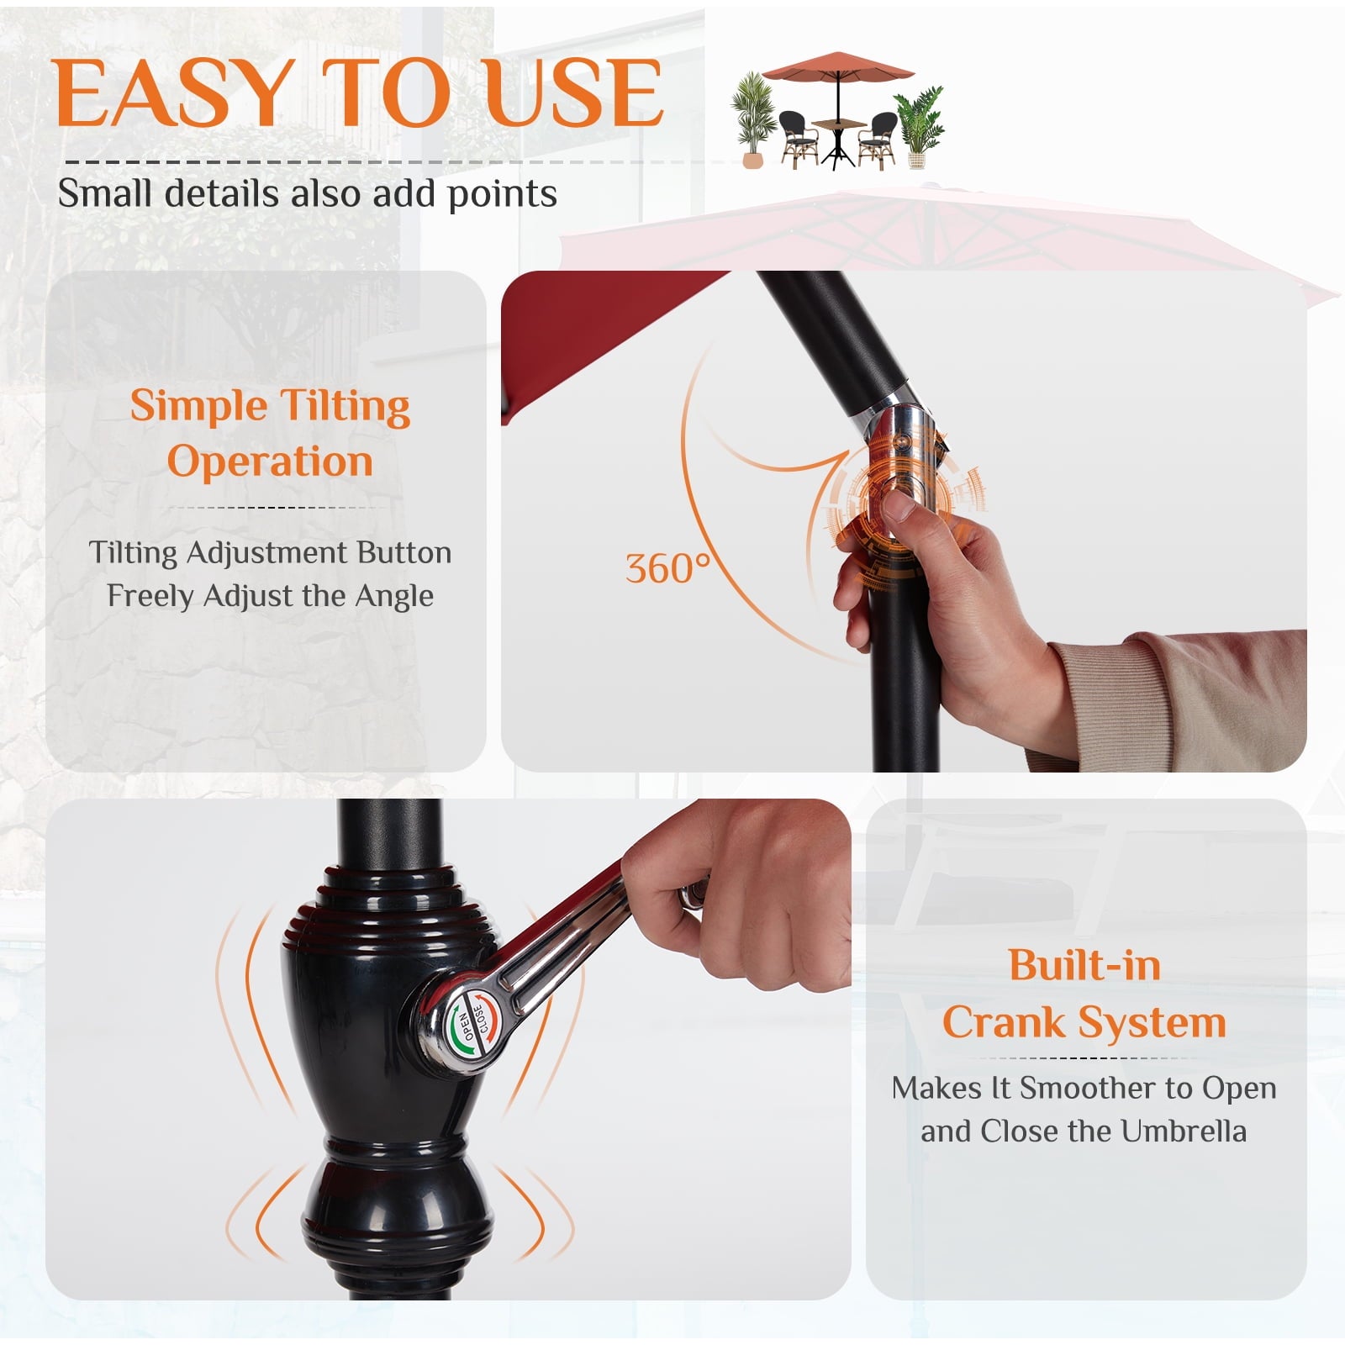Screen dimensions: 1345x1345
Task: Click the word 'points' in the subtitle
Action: (x=502, y=195)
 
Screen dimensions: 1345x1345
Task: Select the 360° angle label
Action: (x=667, y=568)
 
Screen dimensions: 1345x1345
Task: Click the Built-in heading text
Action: (x=1084, y=965)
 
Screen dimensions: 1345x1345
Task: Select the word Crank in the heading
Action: (x=1004, y=1023)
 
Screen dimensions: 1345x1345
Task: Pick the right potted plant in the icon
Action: (x=919, y=126)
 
